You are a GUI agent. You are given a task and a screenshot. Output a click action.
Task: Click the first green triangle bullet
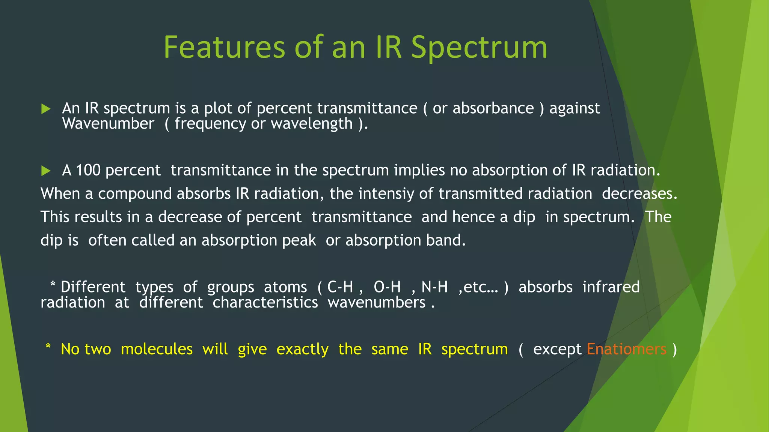(x=46, y=109)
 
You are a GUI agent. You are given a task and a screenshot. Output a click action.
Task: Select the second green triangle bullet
(x=46, y=171)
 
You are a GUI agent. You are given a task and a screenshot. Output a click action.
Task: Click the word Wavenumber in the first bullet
(x=108, y=124)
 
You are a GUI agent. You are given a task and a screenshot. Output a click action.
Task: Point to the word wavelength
(x=312, y=124)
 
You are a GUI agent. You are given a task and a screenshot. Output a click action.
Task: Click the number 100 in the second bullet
(x=88, y=171)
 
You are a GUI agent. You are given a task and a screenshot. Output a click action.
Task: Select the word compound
(x=135, y=194)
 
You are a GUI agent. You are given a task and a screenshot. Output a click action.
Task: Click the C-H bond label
(x=340, y=287)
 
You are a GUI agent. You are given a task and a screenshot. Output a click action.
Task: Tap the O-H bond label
(x=387, y=287)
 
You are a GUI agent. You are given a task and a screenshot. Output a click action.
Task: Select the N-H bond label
(x=434, y=287)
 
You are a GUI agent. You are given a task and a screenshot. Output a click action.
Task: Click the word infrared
(x=611, y=287)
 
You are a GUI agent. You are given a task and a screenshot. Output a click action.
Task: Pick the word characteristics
(x=265, y=303)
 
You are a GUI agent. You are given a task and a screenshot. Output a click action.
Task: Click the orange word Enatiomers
(x=626, y=349)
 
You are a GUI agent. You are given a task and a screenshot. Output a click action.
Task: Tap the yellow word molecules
(x=157, y=349)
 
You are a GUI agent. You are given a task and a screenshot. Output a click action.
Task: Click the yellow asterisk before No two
(x=48, y=346)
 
